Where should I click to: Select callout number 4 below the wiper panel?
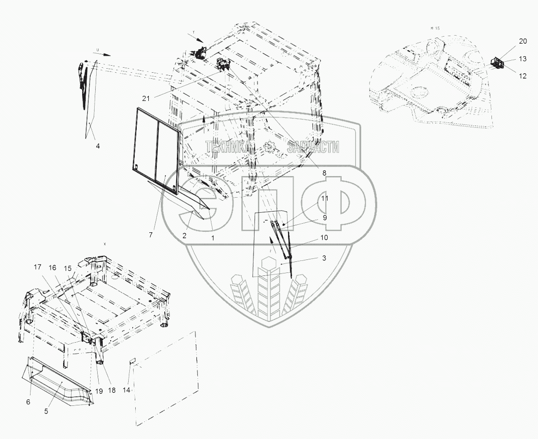[98, 146]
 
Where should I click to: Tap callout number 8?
[324, 173]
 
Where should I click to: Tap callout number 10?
[324, 237]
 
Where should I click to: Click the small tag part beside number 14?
[133, 361]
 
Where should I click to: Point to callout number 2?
[184, 235]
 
